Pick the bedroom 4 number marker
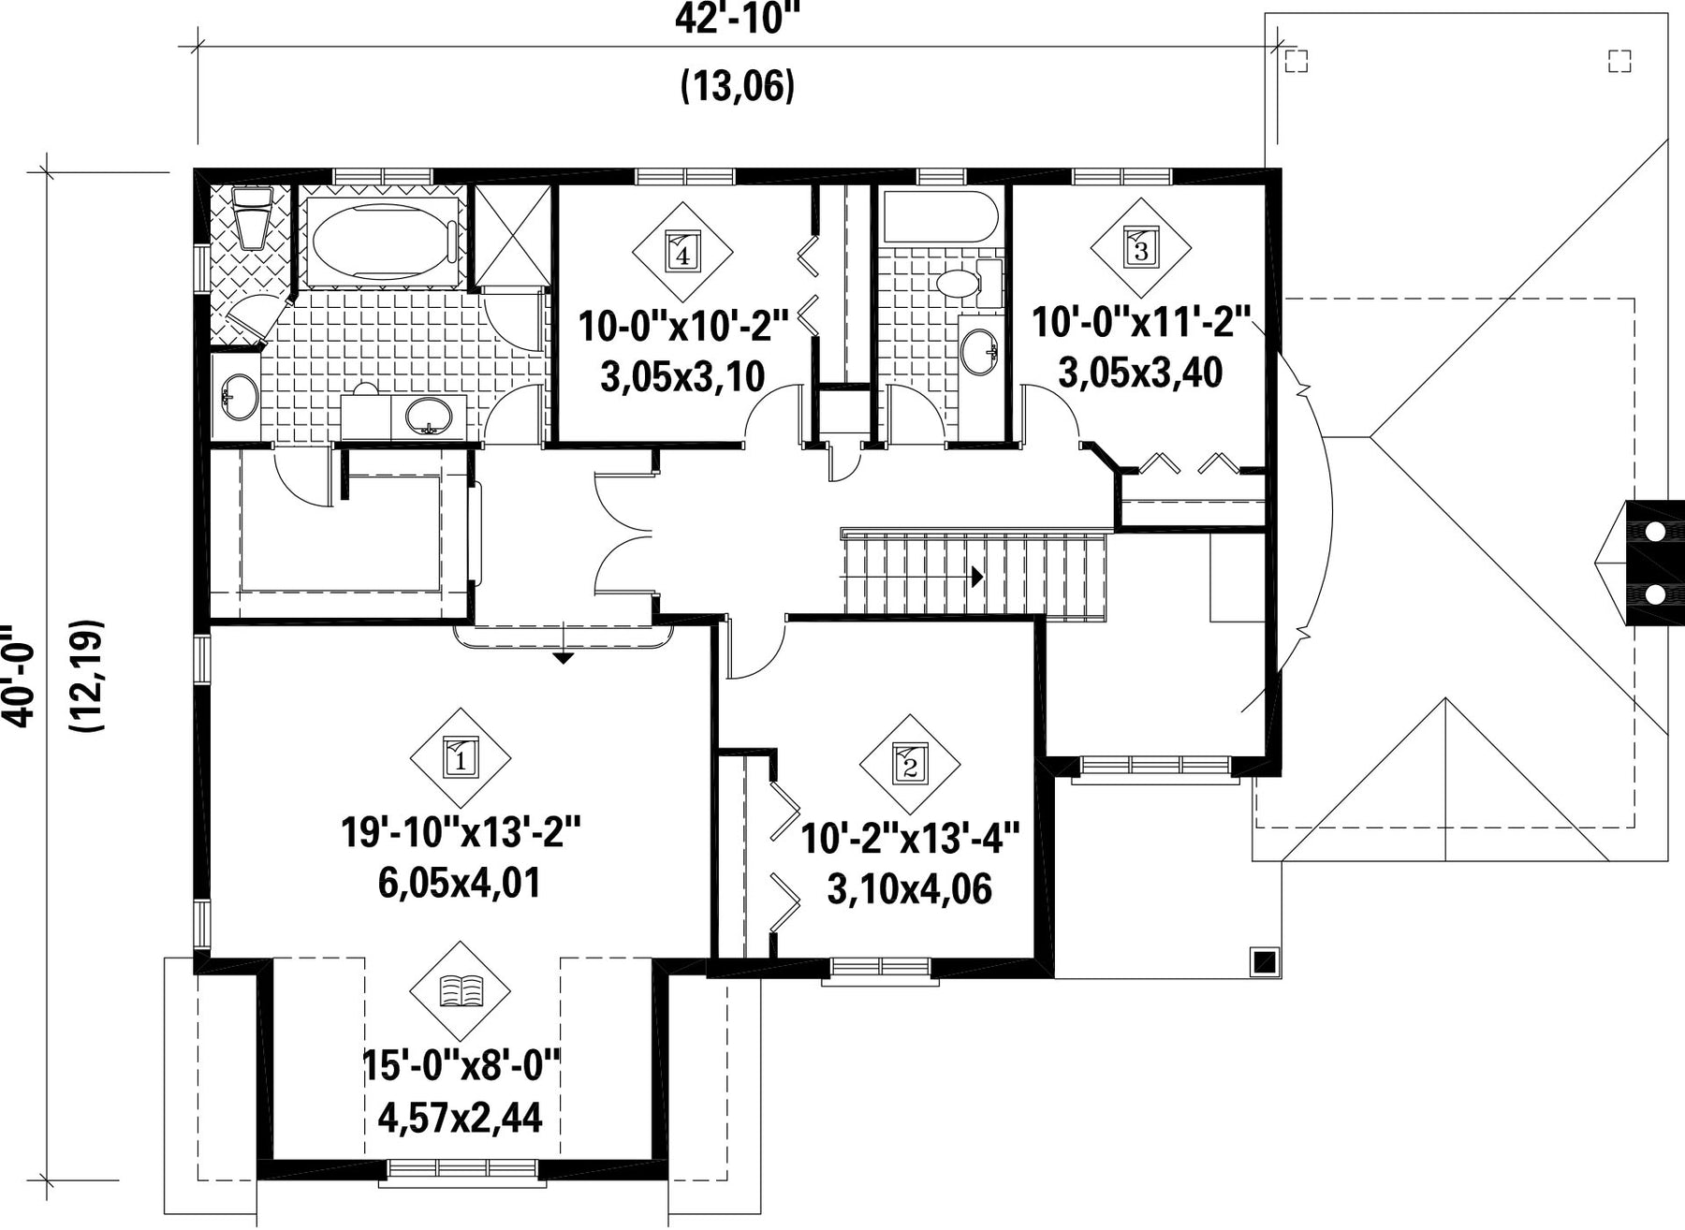coord(681,252)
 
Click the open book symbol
coord(461,989)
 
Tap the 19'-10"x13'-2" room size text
coord(462,831)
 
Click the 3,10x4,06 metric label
coord(909,888)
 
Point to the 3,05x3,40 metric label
coord(1140,373)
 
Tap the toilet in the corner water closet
coord(252,216)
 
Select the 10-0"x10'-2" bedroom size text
coord(683,328)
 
